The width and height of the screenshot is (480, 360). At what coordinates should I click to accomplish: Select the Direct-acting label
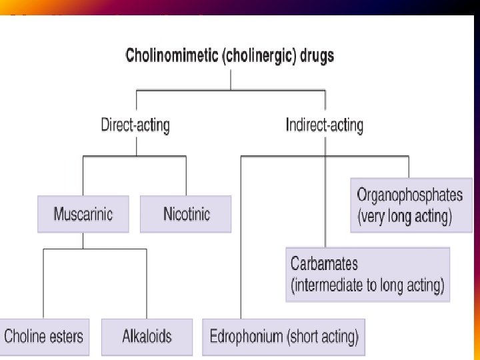point(135,125)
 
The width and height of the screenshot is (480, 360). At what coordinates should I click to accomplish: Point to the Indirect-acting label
point(325,125)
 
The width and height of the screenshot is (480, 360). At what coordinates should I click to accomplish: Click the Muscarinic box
point(83,214)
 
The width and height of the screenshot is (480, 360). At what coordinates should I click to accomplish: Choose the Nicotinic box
point(186,214)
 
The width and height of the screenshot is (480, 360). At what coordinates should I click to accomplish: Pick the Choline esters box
point(44,335)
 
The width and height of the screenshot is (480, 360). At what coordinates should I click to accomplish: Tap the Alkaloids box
point(147,335)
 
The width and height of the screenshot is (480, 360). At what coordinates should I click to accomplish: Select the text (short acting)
point(323,335)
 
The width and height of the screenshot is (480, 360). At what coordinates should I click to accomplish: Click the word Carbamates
point(325,264)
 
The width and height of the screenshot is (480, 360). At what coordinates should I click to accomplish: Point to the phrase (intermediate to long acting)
point(367,285)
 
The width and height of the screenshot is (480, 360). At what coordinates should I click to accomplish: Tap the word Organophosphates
point(409,195)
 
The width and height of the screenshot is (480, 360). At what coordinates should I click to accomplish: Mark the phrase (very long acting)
point(405,217)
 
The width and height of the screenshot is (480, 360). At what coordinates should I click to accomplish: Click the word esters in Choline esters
point(66,335)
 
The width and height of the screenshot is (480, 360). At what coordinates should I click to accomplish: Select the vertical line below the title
point(231,77)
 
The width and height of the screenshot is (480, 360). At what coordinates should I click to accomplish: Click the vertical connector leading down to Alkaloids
point(146,283)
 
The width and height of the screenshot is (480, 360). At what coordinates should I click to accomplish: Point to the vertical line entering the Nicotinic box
point(186,176)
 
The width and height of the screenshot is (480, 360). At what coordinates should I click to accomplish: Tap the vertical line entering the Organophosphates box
point(409,167)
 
